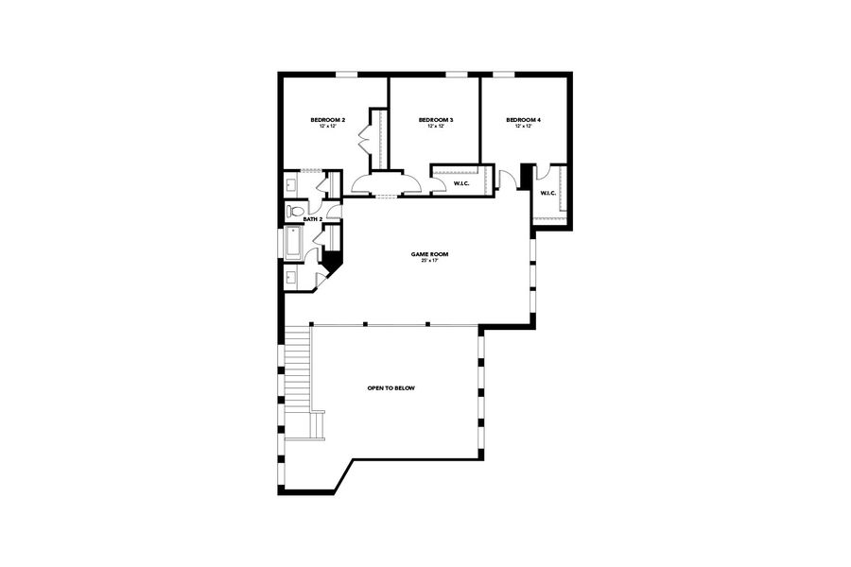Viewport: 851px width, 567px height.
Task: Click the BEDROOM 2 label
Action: (329, 120)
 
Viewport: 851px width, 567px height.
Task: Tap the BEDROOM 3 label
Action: (436, 120)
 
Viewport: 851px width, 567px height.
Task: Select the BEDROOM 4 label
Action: (523, 120)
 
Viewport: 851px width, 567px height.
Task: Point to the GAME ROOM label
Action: (429, 253)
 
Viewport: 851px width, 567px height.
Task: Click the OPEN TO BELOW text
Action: (391, 388)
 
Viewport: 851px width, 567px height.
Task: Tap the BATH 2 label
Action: (313, 219)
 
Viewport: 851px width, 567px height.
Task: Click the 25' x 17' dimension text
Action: (429, 261)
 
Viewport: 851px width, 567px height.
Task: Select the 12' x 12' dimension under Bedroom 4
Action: (523, 127)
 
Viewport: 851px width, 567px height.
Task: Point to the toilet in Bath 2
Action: (295, 211)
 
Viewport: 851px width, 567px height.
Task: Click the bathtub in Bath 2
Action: (292, 245)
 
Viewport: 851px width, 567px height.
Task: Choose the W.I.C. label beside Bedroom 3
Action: (461, 183)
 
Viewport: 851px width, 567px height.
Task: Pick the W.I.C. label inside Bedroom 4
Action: (548, 194)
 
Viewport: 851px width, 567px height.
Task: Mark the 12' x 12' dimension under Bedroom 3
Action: (436, 127)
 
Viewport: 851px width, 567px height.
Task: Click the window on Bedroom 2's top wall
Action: (347, 75)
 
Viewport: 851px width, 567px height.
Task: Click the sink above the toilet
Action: (292, 183)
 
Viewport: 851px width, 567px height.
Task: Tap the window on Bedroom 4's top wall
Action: (504, 75)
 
